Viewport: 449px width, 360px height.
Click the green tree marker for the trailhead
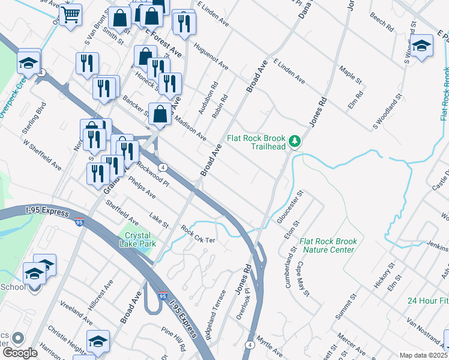click(x=294, y=142)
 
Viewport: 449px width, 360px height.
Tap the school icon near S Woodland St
click(x=421, y=46)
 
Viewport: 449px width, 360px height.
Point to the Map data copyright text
click(x=424, y=355)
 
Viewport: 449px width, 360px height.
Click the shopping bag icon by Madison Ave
click(x=160, y=113)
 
